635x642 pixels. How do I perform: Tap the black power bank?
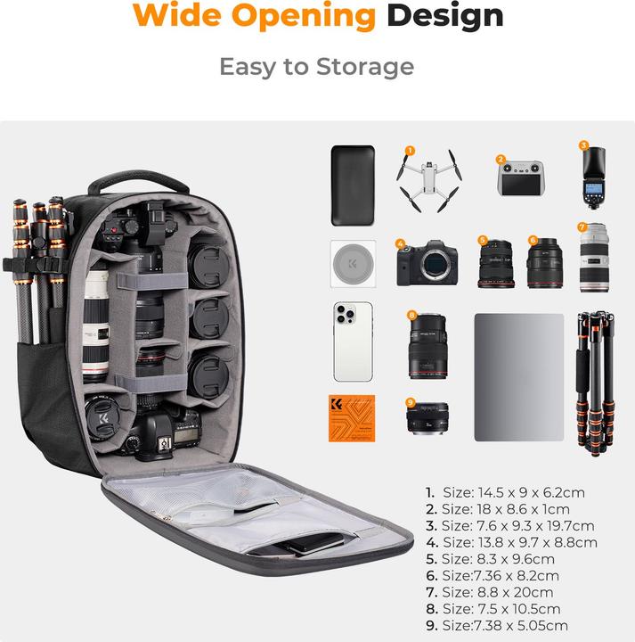(x=347, y=185)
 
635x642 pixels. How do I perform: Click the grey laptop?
(x=518, y=376)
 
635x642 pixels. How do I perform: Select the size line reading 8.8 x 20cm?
(x=489, y=592)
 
